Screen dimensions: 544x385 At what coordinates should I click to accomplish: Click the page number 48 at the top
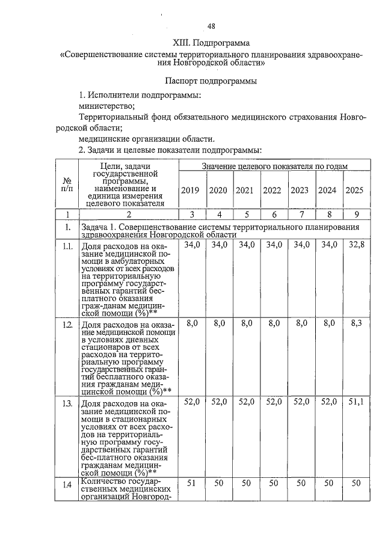211,26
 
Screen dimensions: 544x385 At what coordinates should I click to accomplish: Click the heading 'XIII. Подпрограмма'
211,43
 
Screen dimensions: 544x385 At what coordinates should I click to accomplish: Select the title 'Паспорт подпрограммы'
211,80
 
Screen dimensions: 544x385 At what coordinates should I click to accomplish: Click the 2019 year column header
191,191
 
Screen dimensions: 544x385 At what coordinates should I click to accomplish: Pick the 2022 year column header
272,191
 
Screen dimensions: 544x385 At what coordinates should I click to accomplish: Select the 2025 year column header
354,191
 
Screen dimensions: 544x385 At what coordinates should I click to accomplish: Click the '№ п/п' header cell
68,184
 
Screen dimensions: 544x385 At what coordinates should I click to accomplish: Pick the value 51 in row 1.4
191,483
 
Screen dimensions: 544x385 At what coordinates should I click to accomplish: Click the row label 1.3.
68,403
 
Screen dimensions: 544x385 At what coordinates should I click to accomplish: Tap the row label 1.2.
68,325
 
